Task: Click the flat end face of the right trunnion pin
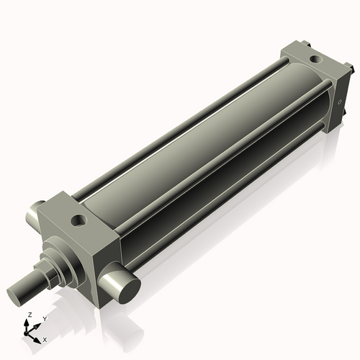coord(129,289)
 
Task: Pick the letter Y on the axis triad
coord(44,318)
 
